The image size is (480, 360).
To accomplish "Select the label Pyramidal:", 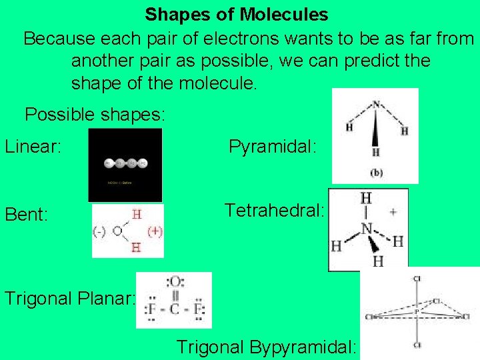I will coord(273,146).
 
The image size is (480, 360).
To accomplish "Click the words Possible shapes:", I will coord(95,114).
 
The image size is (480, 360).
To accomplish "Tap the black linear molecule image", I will coord(125,165).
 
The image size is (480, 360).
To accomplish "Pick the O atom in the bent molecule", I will coord(117,231).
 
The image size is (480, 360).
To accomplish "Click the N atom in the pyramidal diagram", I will coord(376,104).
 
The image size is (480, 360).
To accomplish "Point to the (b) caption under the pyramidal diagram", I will coord(377,173).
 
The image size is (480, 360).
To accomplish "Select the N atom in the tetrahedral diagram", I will coord(365,229).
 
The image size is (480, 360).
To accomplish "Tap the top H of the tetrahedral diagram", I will coord(365,198).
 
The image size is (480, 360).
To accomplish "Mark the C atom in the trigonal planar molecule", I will coord(173,310).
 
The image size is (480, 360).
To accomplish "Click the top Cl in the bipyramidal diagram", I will coord(417,278).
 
